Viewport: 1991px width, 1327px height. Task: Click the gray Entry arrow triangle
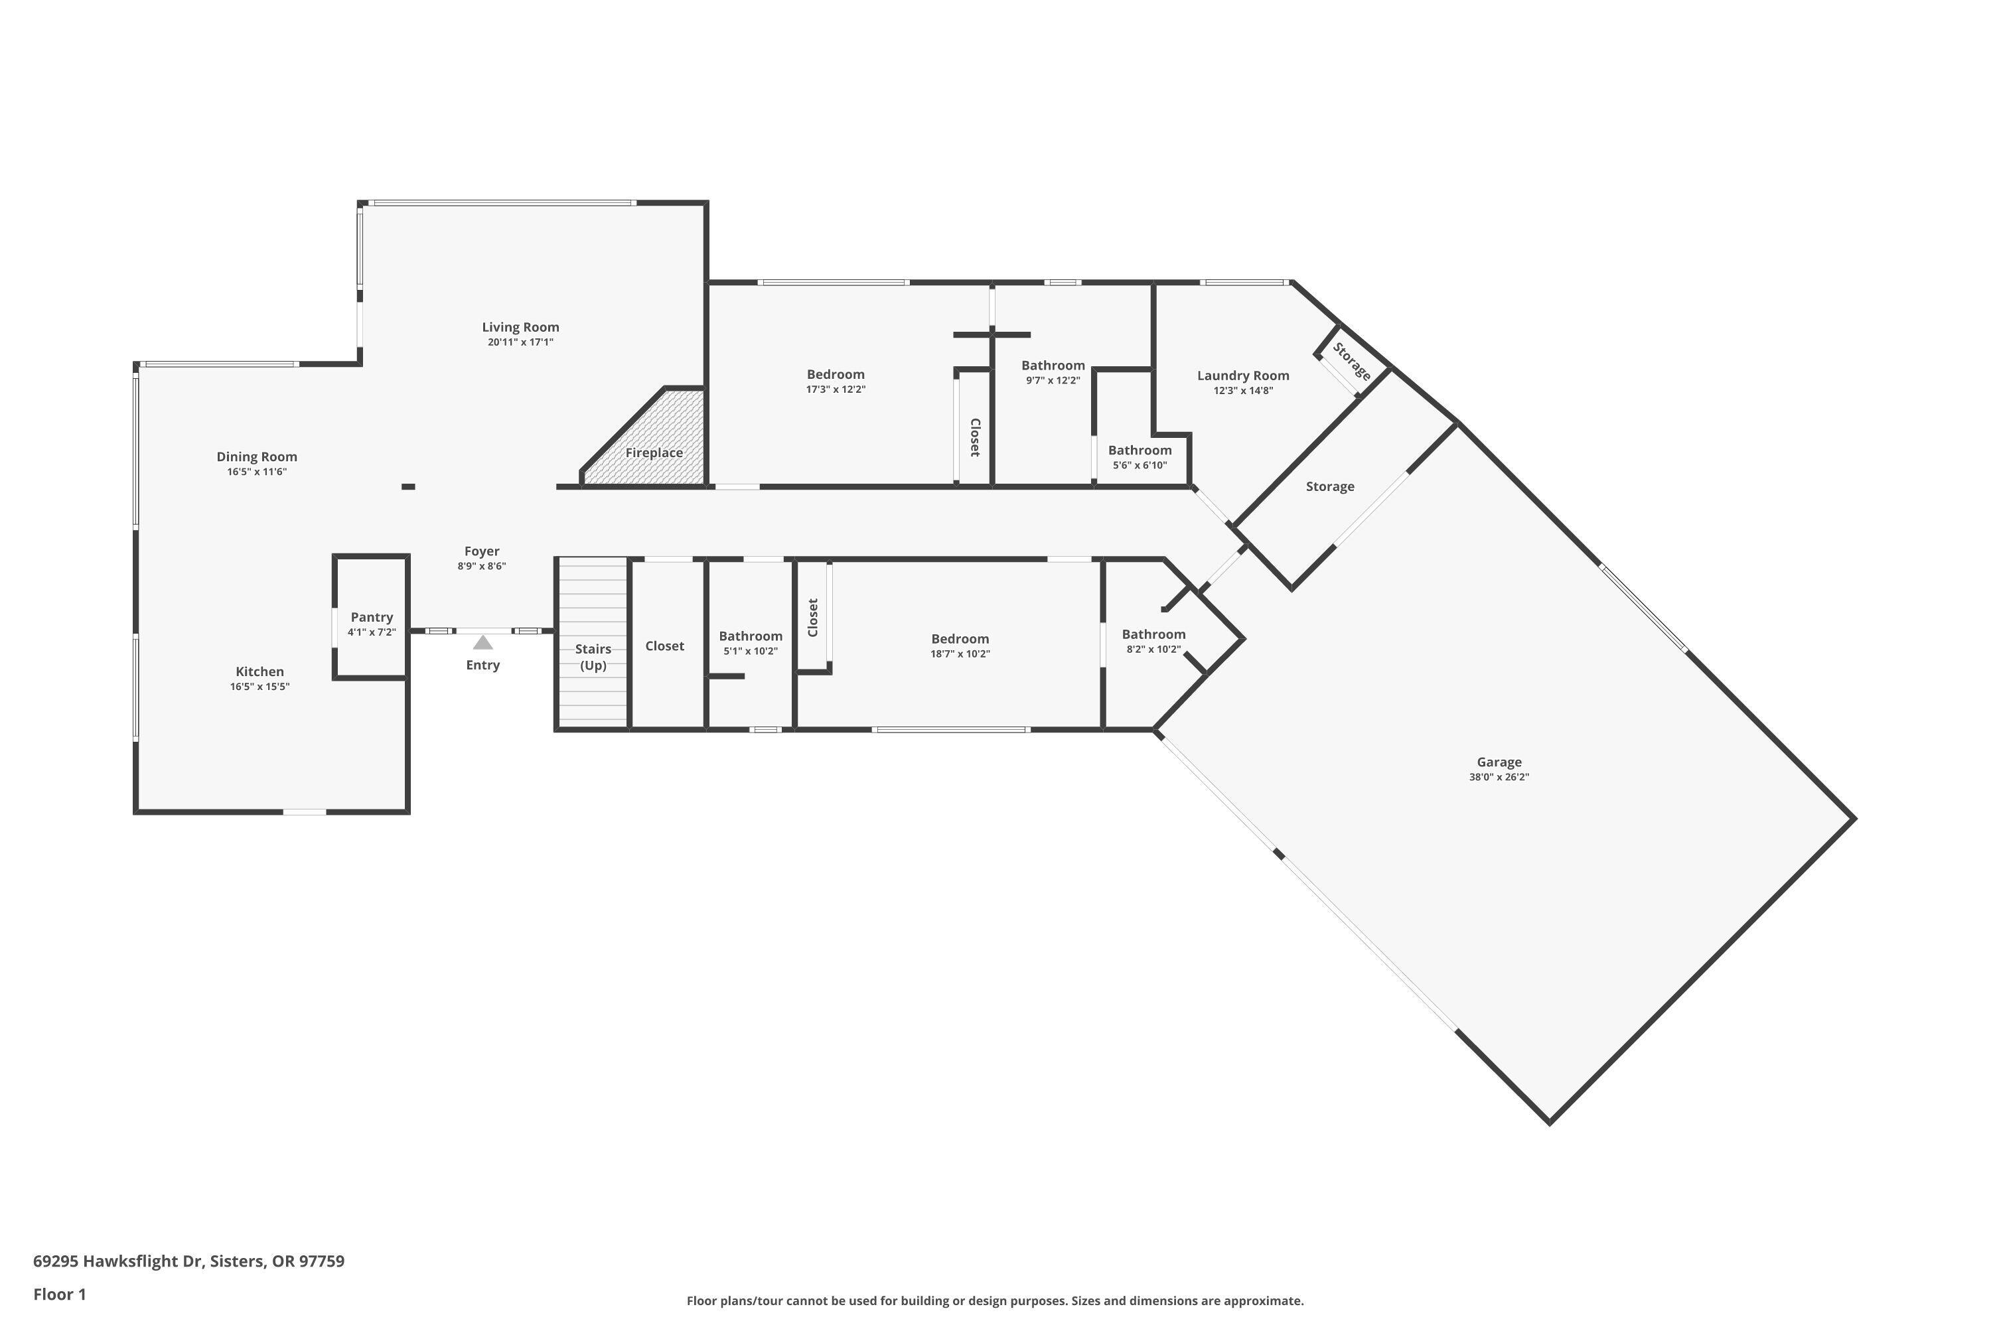pyautogui.click(x=482, y=642)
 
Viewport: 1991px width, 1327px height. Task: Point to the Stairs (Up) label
pyautogui.click(x=593, y=657)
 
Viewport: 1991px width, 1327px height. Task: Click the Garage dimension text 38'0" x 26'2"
pyautogui.click(x=1499, y=777)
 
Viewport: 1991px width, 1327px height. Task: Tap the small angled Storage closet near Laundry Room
pyautogui.click(x=1351, y=362)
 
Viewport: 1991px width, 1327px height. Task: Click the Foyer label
pyautogui.click(x=482, y=551)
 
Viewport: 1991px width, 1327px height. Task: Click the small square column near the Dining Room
pyautogui.click(x=408, y=486)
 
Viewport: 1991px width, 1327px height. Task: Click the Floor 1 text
pyautogui.click(x=59, y=1294)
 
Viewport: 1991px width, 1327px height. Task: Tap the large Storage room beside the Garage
pyautogui.click(x=1329, y=486)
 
